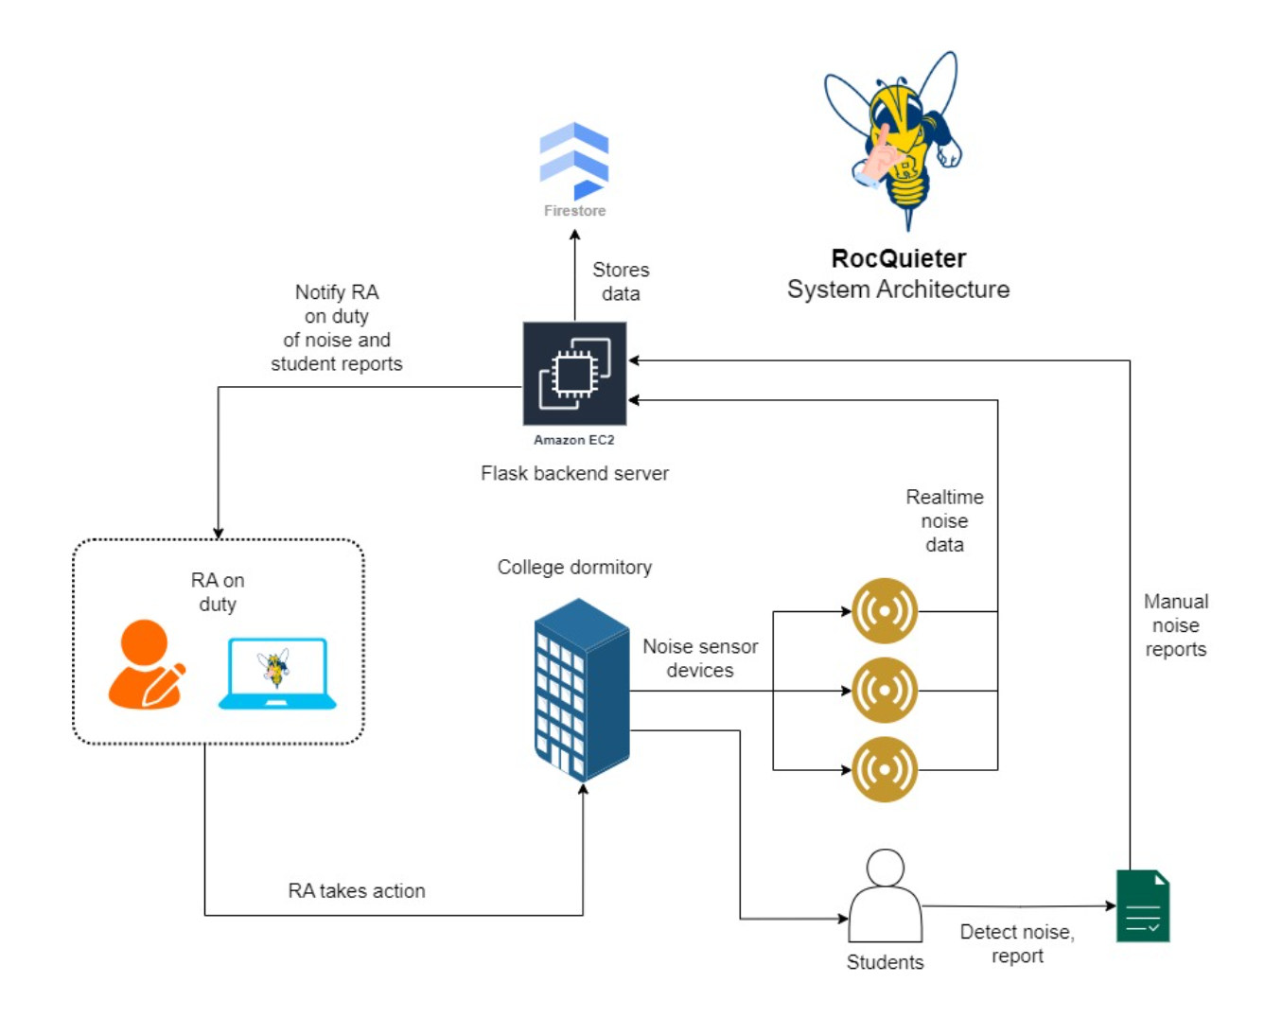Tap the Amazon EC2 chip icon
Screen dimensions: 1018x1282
574,374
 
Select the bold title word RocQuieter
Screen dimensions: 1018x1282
898,258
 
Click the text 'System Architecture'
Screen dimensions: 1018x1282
898,290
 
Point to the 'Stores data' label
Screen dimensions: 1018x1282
621,282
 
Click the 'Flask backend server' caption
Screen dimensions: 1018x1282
574,473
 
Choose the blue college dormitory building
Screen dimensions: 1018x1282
581,689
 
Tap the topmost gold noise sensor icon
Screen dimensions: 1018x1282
885,611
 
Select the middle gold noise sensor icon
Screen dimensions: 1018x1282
885,691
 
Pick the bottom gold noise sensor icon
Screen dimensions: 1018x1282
885,769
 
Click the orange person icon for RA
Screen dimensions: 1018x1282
146,664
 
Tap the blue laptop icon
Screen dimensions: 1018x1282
277,674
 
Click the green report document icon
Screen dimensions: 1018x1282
1143,905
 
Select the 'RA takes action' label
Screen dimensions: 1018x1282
357,891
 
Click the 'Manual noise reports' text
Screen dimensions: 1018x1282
1176,625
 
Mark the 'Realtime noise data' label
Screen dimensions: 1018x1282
944,520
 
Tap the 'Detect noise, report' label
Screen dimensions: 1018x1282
1017,943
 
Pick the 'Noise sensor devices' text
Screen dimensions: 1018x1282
700,658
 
